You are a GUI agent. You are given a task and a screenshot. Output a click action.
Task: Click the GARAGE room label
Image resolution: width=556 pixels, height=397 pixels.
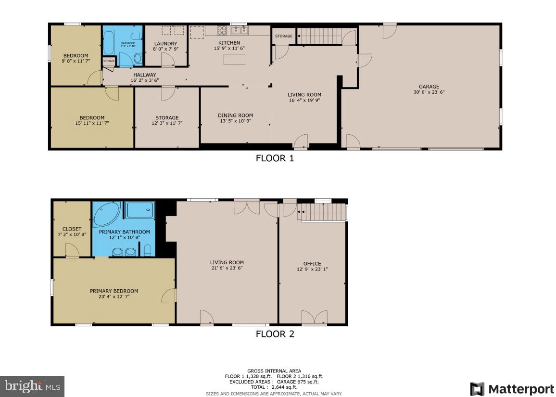pyautogui.click(x=429, y=87)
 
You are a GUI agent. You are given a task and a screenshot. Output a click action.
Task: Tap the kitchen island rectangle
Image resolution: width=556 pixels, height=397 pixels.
pyautogui.click(x=234, y=59)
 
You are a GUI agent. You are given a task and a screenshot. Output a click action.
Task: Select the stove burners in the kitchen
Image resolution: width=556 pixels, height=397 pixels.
pyautogui.click(x=222, y=30)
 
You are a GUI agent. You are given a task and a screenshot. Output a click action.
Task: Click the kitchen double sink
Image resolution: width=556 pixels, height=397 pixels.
pyautogui.click(x=239, y=30)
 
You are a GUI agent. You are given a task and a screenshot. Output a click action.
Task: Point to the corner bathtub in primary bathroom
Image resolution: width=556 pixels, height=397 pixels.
pyautogui.click(x=107, y=215)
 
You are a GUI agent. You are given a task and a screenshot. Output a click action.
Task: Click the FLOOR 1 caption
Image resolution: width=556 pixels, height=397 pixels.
pyautogui.click(x=274, y=158)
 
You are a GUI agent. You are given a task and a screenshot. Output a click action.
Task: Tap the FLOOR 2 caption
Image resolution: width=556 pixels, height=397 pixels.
pyautogui.click(x=274, y=333)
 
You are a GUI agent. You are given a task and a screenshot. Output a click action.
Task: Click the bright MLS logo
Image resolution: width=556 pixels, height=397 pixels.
pyautogui.click(x=32, y=386)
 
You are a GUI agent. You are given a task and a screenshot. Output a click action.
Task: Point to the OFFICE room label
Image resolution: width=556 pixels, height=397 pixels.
pyautogui.click(x=312, y=263)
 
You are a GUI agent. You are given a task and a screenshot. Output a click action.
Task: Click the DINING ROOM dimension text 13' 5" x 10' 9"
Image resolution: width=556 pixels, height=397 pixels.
pyautogui.click(x=235, y=121)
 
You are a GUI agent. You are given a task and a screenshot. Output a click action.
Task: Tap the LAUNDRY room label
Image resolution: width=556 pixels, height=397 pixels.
pyautogui.click(x=165, y=43)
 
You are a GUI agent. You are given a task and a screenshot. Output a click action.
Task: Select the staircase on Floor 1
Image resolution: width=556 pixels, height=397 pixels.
pyautogui.click(x=320, y=36)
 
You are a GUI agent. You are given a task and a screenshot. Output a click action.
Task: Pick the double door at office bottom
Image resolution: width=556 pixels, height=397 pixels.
pyautogui.click(x=315, y=318)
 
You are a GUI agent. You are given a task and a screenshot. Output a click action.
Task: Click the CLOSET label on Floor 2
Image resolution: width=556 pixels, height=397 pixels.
pyautogui.click(x=72, y=229)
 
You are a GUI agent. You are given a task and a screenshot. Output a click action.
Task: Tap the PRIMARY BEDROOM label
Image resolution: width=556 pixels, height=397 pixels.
pyautogui.click(x=114, y=291)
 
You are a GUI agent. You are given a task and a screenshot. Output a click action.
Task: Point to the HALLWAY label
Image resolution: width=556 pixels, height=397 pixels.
pyautogui.click(x=144, y=75)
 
